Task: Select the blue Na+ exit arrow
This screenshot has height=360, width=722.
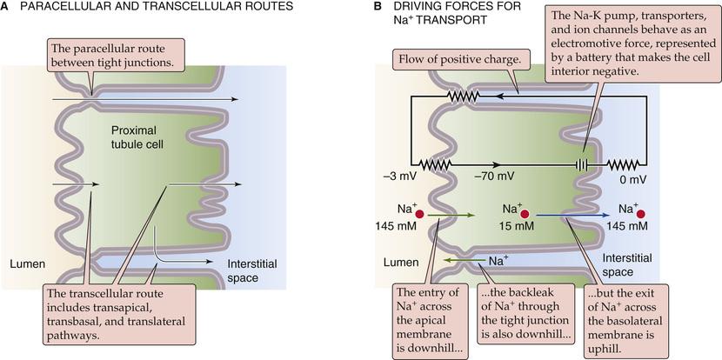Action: (575, 213)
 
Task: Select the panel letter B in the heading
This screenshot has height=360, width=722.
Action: (378, 7)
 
